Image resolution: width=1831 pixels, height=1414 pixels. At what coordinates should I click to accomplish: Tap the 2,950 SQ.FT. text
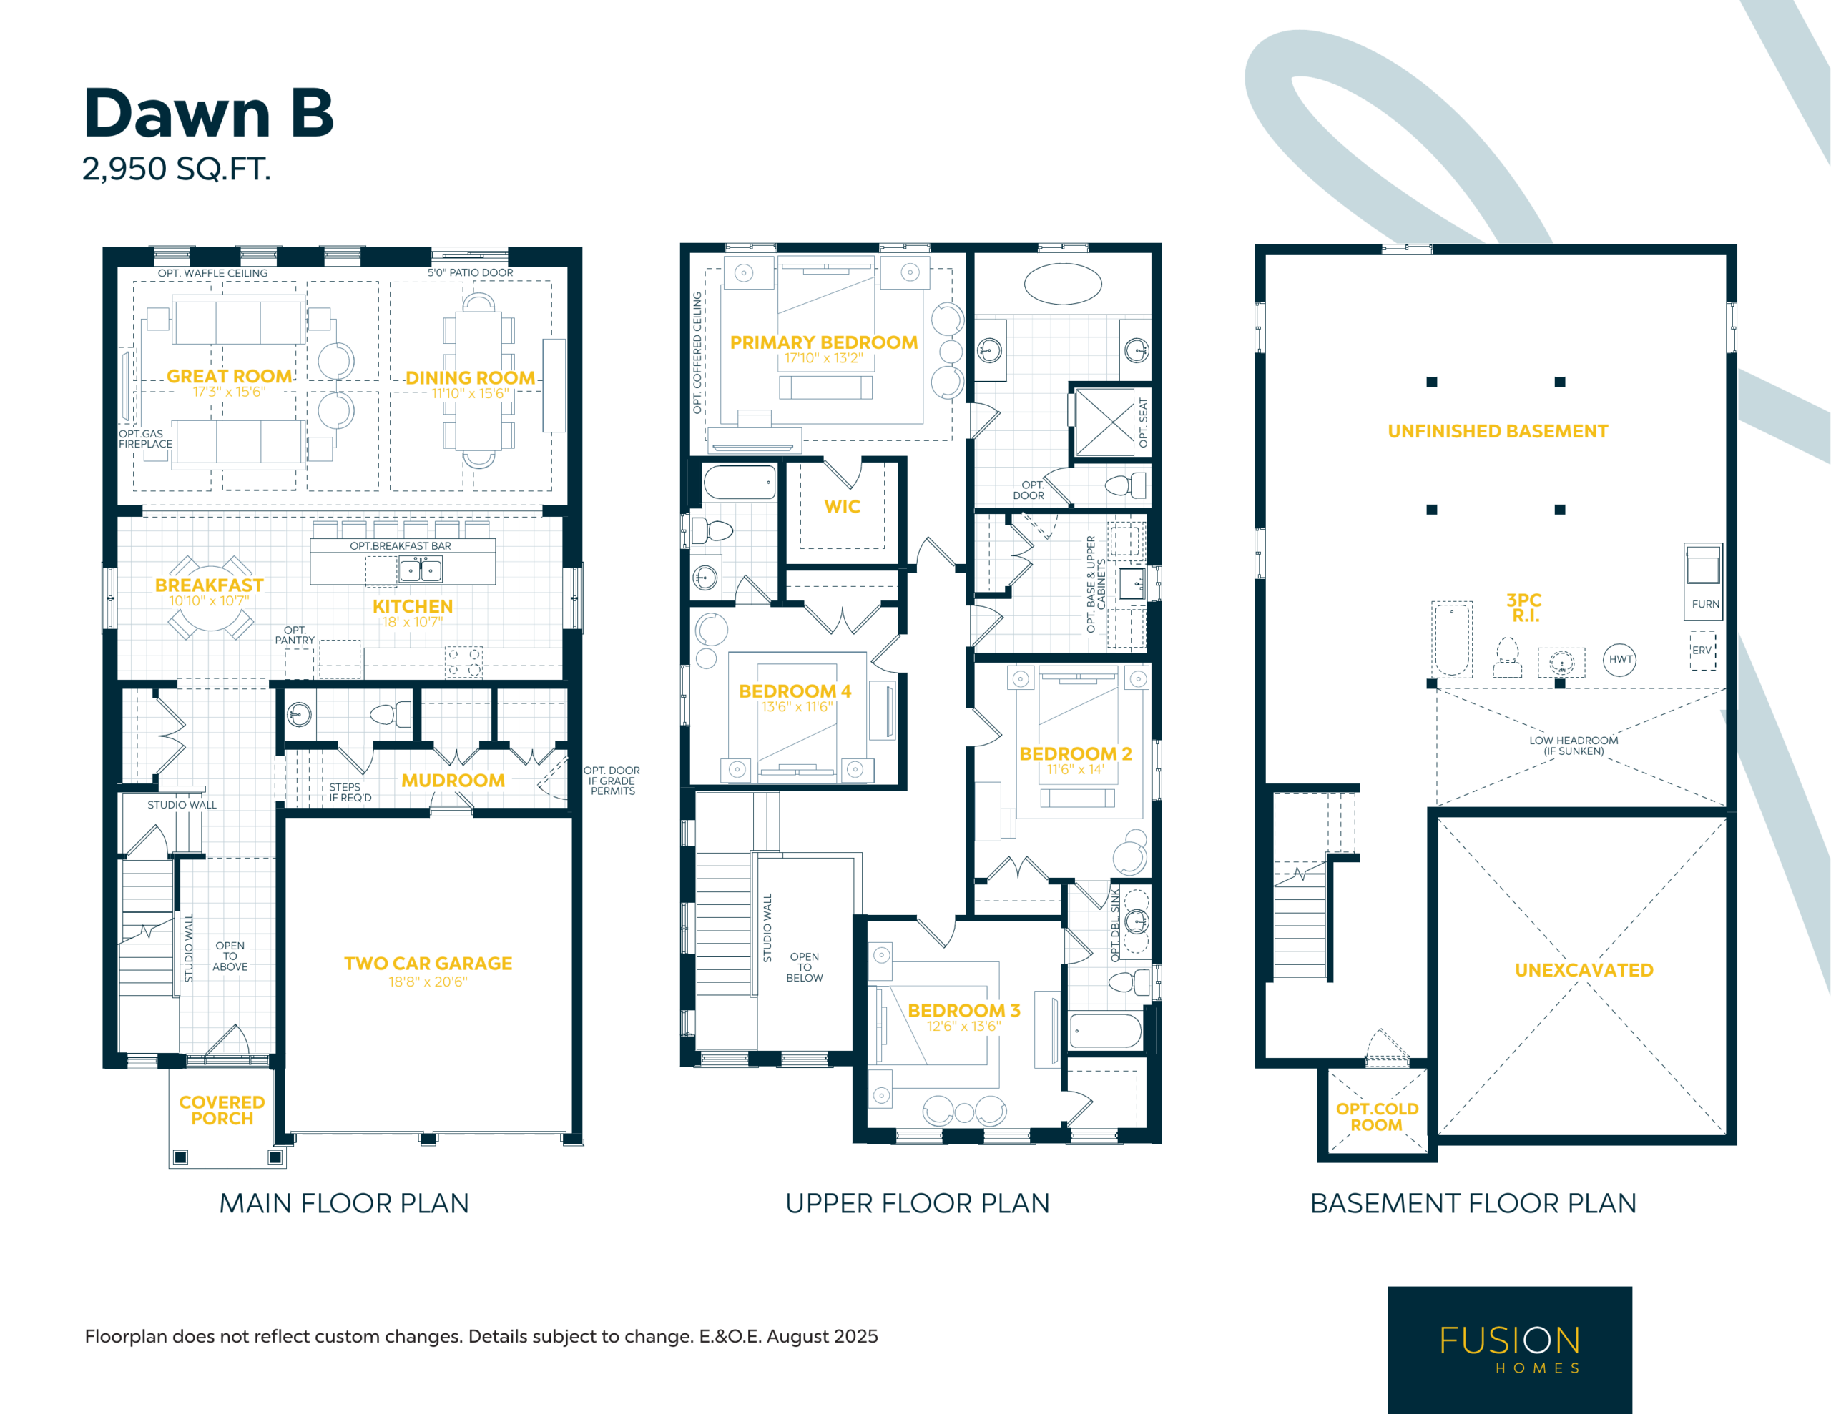pos(176,169)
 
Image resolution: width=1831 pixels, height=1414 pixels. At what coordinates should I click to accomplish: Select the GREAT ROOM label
pos(229,376)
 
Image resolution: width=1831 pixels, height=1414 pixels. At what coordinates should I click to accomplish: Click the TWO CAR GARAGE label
pos(428,964)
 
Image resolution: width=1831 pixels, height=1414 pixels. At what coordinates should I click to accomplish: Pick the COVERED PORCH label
pos(222,1111)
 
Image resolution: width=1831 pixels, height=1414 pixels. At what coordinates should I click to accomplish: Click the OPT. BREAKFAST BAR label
pos(400,545)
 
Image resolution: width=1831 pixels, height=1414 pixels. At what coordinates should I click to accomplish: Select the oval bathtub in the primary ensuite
pos(1063,283)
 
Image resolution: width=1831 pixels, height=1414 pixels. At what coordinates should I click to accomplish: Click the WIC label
pos(842,506)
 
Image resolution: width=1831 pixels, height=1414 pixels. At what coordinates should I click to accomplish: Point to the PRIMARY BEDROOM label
pos(823,342)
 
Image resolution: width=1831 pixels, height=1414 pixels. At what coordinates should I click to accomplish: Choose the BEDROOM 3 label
pos(963,1010)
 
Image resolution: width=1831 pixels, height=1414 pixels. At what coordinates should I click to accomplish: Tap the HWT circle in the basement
pos(1620,660)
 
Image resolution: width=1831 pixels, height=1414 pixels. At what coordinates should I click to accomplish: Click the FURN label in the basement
pos(1705,604)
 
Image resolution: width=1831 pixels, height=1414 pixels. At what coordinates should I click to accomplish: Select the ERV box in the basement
pos(1702,651)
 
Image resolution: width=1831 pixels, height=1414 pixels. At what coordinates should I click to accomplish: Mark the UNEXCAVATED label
pos(1584,970)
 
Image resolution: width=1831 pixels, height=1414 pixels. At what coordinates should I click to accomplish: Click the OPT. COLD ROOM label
pos(1377,1117)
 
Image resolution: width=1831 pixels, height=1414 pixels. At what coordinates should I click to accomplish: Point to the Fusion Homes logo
pos(1510,1350)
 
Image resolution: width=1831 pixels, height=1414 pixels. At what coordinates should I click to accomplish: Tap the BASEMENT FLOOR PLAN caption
pos(1473,1204)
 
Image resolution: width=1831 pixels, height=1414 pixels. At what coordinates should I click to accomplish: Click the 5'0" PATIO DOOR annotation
pos(471,272)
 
